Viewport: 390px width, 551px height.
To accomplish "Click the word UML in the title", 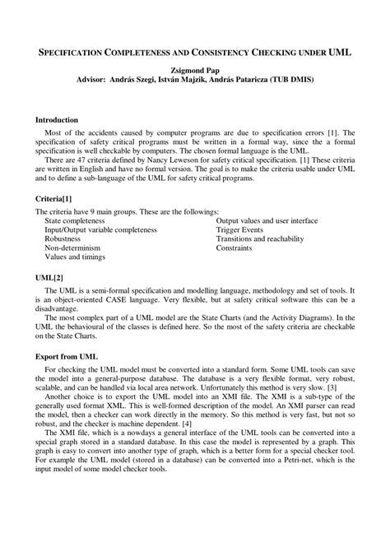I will [x=339, y=51].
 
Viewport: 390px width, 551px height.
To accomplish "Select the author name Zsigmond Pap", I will [x=195, y=72].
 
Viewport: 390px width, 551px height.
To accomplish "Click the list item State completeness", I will [x=75, y=221].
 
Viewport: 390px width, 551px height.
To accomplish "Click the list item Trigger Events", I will [x=239, y=229].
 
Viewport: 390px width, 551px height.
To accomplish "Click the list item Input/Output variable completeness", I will [x=100, y=229].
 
